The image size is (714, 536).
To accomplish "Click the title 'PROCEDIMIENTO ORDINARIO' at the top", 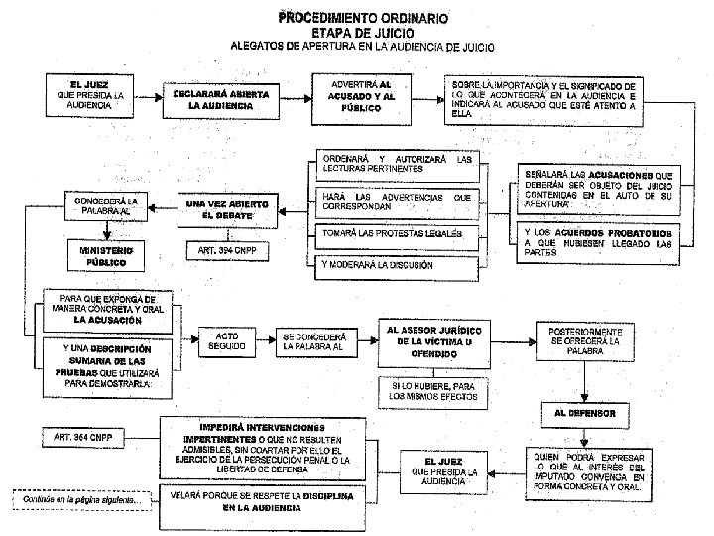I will click(362, 18).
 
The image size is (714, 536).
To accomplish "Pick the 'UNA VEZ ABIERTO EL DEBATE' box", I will click(228, 208).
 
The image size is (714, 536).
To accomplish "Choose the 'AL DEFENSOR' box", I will click(593, 411).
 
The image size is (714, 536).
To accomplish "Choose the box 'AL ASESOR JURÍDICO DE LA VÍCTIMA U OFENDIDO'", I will click(431, 342).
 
